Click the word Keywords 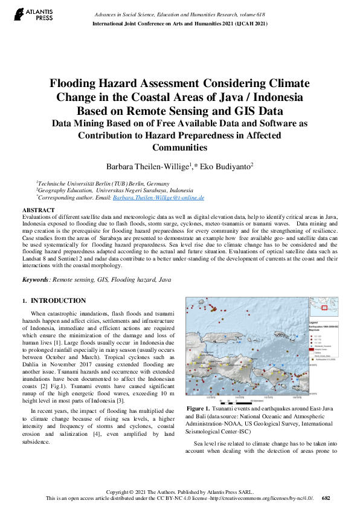36,280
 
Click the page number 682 326,498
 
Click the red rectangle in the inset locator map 324,308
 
